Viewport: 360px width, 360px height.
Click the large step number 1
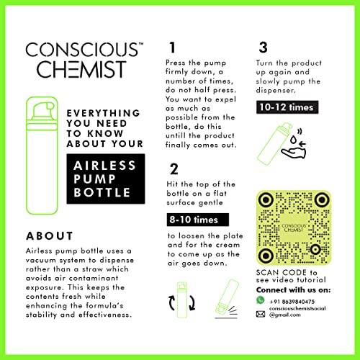point(172,48)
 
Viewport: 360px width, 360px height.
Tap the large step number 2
point(174,169)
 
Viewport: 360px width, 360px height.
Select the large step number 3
point(263,48)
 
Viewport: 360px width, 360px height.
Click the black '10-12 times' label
point(287,107)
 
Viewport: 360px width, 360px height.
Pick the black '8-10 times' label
point(198,220)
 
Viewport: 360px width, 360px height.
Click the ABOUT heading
point(50,236)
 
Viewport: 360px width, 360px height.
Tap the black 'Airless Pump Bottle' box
point(106,179)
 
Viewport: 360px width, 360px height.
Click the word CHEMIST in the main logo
point(81,69)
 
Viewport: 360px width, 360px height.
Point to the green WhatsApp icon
point(260,300)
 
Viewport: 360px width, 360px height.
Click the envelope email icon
point(261,314)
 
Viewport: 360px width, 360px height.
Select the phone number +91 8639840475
point(292,302)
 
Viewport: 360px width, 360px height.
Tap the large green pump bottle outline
point(42,156)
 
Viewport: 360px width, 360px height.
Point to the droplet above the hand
point(294,140)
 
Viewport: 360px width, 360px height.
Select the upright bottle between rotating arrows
point(182,300)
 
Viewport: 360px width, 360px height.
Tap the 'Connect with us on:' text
point(293,290)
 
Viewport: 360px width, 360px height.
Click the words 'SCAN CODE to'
point(287,273)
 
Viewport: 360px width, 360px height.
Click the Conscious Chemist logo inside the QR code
point(293,228)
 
